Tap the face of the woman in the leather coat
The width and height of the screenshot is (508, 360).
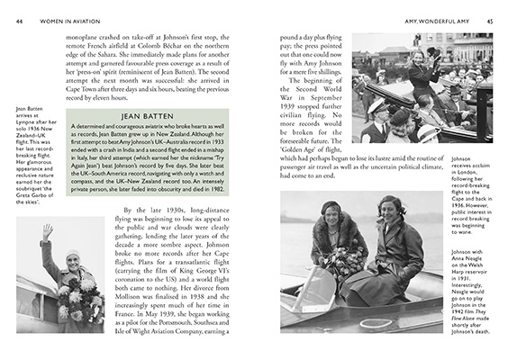pyautogui.click(x=390, y=213)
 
